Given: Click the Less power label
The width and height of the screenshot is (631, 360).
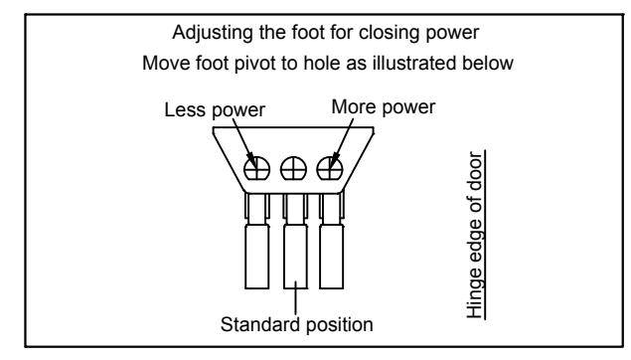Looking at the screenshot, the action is coord(215,110).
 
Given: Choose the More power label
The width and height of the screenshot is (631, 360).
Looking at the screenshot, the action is coord(384,107).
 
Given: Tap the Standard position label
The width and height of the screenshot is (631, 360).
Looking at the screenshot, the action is coord(296,324).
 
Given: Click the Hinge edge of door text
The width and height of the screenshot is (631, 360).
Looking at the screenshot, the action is coord(475,235).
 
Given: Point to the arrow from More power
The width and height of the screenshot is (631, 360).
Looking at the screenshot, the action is coord(341,143).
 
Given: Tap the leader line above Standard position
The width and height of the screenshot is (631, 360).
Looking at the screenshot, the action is coord(296,298).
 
